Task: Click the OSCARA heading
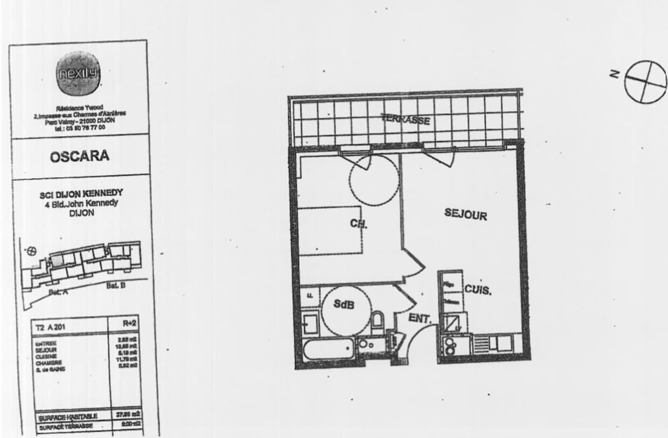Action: tap(79, 157)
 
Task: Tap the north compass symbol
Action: tap(645, 81)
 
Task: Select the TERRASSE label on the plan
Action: tap(406, 119)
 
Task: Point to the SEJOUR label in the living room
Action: tap(465, 214)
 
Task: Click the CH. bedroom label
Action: tap(358, 224)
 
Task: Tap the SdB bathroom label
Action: tap(343, 304)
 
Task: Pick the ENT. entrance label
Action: tap(420, 318)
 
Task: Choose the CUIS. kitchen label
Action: tap(478, 290)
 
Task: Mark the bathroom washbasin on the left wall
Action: tap(311, 323)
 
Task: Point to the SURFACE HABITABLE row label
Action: tap(68, 416)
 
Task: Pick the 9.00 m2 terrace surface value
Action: tap(129, 424)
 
